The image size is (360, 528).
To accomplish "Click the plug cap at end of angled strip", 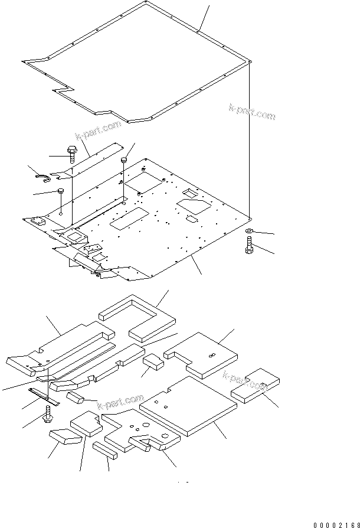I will tap(125, 160).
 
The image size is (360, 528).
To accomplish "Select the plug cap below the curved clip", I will tap(61, 191).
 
